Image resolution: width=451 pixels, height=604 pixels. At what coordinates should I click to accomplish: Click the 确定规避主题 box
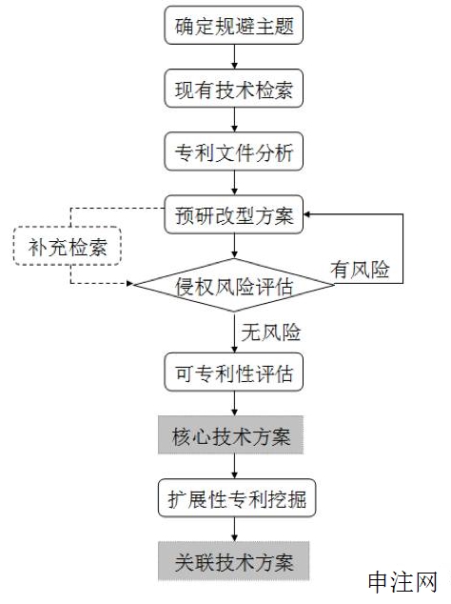tap(233, 26)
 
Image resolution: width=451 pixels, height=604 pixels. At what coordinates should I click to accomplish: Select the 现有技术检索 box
tap(233, 89)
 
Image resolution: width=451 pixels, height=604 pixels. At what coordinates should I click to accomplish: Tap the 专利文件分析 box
tap(233, 151)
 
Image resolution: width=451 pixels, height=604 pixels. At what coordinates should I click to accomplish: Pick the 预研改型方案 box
tap(233, 214)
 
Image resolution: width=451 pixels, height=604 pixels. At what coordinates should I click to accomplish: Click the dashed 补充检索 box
tap(68, 246)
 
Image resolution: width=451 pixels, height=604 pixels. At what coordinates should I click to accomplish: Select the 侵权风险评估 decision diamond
tap(233, 285)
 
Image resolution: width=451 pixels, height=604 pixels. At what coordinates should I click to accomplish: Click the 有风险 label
tap(360, 269)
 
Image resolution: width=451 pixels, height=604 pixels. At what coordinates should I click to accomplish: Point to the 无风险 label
tap(271, 332)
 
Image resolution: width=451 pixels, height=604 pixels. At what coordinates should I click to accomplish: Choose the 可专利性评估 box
tap(233, 372)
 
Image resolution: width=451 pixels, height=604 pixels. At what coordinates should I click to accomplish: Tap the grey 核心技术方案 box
tap(231, 434)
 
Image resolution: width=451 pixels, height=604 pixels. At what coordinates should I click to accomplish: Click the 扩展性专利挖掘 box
tap(237, 498)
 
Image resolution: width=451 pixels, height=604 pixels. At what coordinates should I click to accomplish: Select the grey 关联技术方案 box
tap(233, 561)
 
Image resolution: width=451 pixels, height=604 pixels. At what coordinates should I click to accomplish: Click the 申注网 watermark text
tap(402, 582)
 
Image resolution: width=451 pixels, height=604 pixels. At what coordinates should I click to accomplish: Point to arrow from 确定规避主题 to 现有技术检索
tap(234, 57)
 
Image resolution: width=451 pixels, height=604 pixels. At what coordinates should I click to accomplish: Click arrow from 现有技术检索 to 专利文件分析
tap(234, 120)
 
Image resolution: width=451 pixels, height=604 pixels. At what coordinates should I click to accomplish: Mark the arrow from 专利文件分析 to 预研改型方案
tap(234, 183)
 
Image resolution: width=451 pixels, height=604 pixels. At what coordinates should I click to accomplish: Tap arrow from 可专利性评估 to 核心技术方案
tap(234, 404)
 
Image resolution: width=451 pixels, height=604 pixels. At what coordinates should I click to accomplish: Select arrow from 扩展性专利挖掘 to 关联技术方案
tap(234, 530)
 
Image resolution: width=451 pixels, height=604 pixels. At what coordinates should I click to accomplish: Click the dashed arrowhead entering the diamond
tap(129, 284)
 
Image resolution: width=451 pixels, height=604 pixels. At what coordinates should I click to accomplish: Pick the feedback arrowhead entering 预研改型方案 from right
tap(306, 214)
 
